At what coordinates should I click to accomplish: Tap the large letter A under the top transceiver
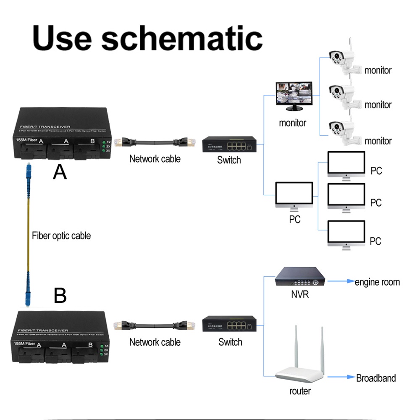point(60,173)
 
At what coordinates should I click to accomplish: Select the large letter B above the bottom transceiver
point(60,296)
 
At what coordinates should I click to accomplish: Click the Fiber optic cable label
point(61,236)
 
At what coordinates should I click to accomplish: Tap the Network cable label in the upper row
point(155,159)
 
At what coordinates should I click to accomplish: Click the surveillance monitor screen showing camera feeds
point(294,95)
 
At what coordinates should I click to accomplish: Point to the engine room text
point(377,282)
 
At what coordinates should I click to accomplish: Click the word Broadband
point(376,378)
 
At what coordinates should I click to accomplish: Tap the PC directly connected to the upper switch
point(294,196)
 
